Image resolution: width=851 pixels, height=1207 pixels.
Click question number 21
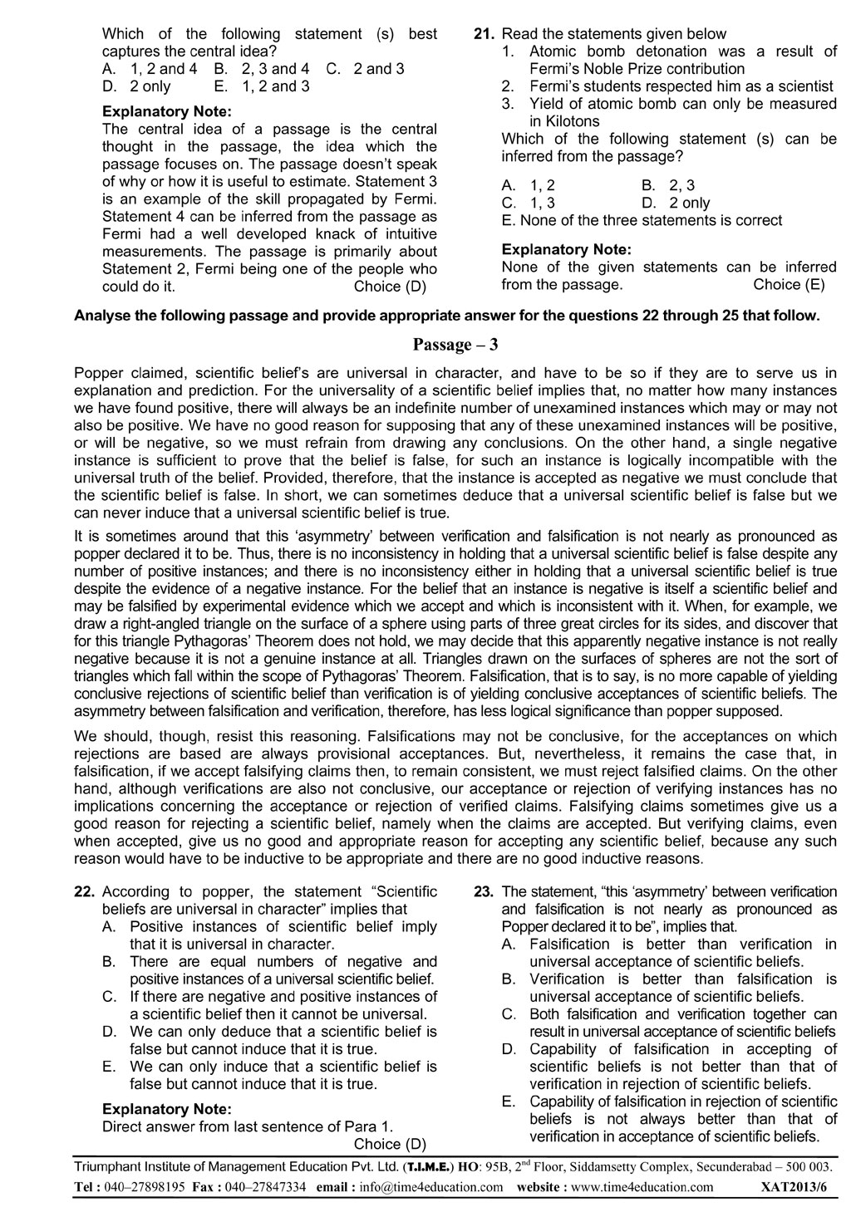[x=485, y=34]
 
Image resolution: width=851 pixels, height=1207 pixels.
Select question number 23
[x=485, y=891]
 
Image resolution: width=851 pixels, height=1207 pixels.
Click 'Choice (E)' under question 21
[x=789, y=285]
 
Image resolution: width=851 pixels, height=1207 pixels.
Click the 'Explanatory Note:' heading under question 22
[x=167, y=1109]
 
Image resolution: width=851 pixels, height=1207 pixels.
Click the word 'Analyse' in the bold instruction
[x=101, y=316]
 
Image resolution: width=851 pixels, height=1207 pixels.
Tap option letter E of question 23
[x=509, y=1102]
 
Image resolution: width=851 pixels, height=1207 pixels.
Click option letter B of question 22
[x=108, y=962]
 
